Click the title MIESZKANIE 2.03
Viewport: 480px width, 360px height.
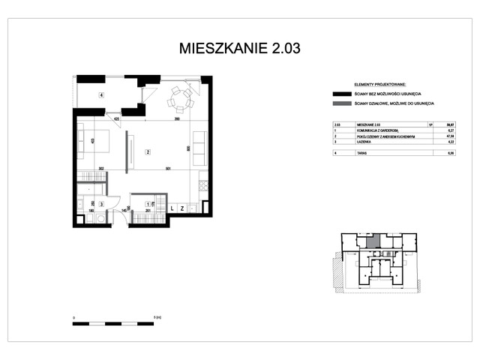(x=239, y=49)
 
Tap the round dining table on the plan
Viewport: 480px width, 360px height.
(x=180, y=97)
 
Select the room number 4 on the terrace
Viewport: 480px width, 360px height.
(x=100, y=94)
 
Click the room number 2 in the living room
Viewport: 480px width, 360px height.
(x=148, y=152)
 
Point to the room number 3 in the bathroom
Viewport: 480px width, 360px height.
(x=101, y=203)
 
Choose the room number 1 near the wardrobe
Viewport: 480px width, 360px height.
(x=147, y=203)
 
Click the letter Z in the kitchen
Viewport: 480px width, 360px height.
(x=182, y=208)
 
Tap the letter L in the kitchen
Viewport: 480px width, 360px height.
(x=172, y=208)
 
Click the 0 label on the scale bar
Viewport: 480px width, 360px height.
(x=73, y=317)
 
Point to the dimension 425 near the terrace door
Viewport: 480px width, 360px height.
(x=117, y=119)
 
